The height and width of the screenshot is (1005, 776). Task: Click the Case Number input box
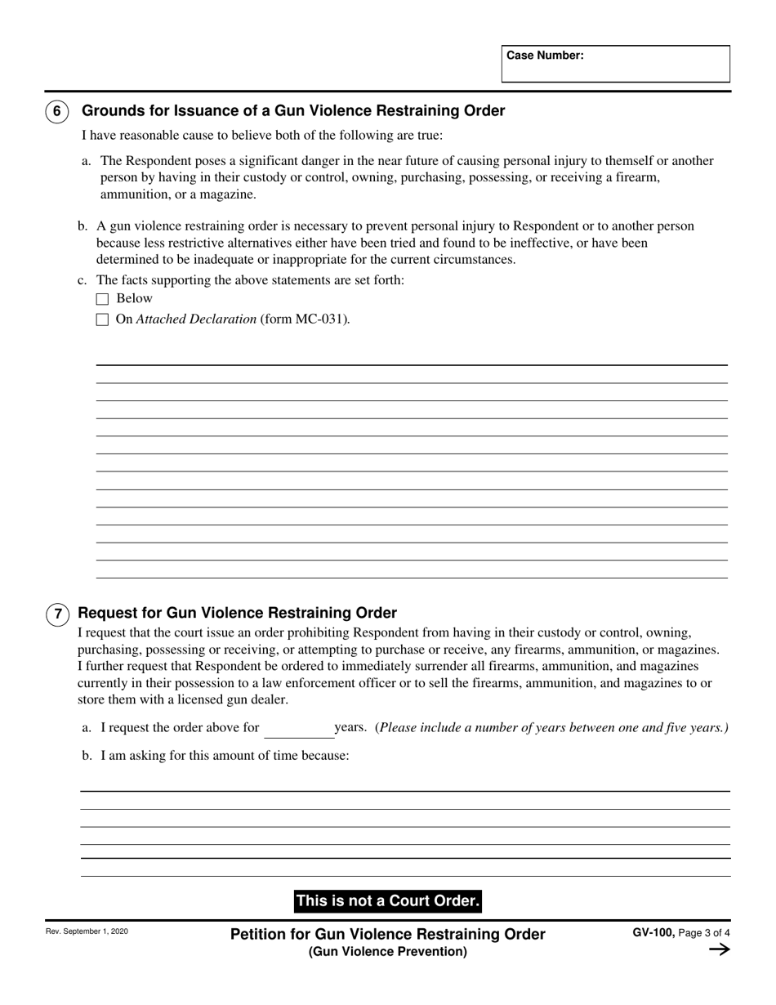point(615,64)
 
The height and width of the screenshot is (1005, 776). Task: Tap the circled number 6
point(56,111)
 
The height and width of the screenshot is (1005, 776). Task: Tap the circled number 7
point(57,614)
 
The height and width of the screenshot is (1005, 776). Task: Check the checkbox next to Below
point(102,299)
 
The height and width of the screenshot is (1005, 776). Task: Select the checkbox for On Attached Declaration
point(102,320)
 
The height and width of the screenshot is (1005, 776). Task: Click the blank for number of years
point(297,729)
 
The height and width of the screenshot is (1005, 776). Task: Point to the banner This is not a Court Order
point(388,901)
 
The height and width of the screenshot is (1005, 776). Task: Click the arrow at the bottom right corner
point(719,949)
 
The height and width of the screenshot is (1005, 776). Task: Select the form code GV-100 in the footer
point(653,932)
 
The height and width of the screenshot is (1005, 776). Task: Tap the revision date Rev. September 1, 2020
point(87,931)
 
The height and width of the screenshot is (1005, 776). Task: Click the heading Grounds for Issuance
point(293,111)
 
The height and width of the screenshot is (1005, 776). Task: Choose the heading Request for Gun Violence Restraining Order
point(237,613)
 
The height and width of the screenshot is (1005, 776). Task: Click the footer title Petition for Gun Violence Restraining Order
point(388,934)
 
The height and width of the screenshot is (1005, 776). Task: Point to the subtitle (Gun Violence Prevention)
point(388,952)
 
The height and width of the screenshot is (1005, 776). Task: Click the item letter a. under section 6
point(86,161)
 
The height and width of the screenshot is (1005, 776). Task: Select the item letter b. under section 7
point(87,756)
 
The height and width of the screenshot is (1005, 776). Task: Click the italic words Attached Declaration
point(196,319)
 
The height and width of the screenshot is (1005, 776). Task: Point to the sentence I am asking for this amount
point(225,756)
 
